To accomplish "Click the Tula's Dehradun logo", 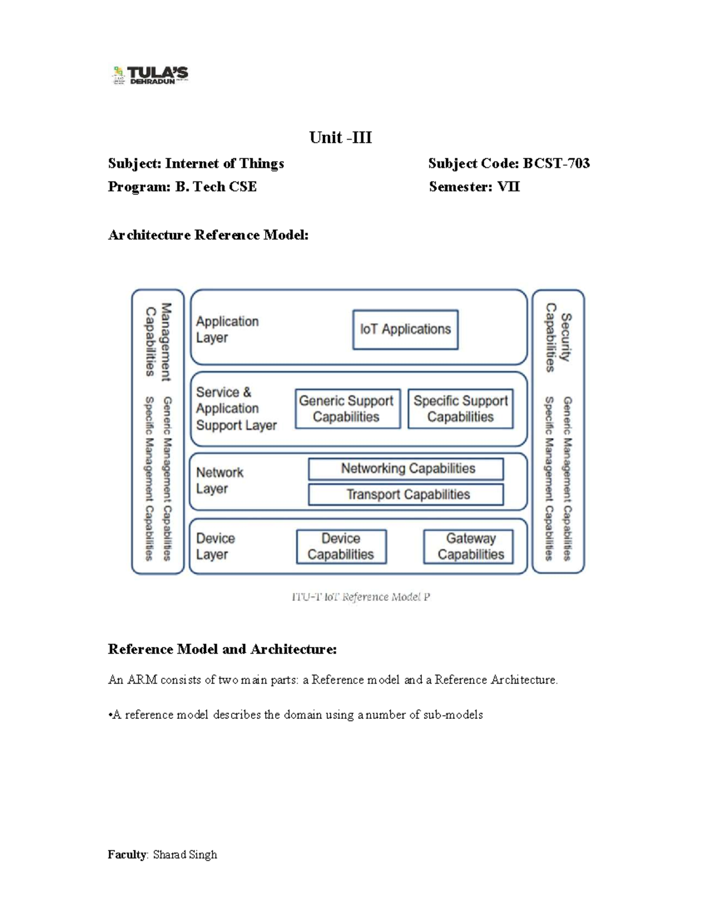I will coord(150,75).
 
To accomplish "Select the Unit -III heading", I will coord(341,138).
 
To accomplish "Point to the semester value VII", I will coord(508,187).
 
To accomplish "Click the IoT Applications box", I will coord(405,329).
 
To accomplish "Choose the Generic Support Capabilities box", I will coord(347,408).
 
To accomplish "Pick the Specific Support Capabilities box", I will coord(460,408).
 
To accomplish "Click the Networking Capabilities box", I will coord(406,469).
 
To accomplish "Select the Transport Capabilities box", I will coord(406,494).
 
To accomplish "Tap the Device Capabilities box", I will coord(341,546).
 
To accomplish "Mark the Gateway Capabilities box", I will coord(468,546).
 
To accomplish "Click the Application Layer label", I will coord(227,329).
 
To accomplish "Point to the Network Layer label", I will coord(220,480).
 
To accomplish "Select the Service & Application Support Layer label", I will coord(236,408).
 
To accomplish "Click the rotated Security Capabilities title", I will coord(557,338).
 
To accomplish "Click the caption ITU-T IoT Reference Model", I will coord(361,597).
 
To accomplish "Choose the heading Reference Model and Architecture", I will coord(222,649).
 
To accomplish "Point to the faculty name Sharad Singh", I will coord(185,854).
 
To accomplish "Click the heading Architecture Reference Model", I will coord(208,235).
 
